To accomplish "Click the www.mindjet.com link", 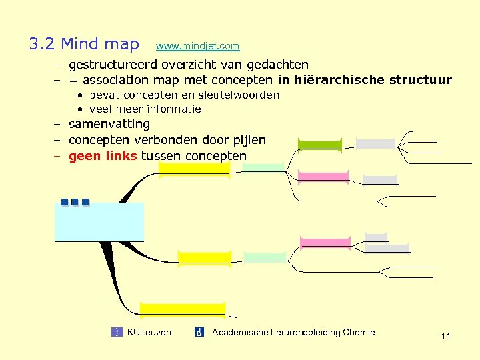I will tap(197, 46).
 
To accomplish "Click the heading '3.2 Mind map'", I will tap(84, 44).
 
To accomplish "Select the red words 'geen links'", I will tap(103, 156).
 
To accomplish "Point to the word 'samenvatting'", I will tap(109, 124).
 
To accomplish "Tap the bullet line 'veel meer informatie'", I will tap(145, 109).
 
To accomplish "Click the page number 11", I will tap(445, 336).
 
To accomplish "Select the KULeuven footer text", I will tap(149, 332).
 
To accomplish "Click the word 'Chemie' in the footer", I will tap(359, 332).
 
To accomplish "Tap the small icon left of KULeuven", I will tap(117, 332).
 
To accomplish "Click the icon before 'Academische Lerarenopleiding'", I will tap(199, 332).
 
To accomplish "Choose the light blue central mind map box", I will tap(99, 221).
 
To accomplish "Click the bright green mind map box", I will tap(319, 145).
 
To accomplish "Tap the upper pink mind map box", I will tap(323, 176).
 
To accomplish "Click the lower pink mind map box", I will tap(325, 242).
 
